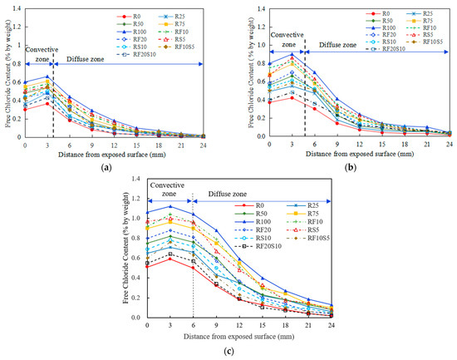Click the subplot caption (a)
(x=106, y=167)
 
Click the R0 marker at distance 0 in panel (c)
(x=147, y=266)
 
